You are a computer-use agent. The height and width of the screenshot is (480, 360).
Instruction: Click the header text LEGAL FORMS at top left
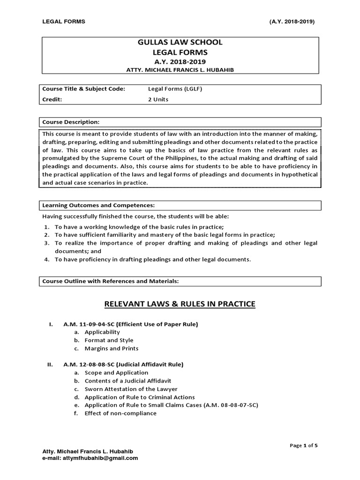pos(64,22)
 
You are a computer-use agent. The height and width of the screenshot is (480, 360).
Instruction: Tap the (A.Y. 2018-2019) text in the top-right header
pos(292,22)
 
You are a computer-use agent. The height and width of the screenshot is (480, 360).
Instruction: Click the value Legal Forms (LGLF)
pos(169,89)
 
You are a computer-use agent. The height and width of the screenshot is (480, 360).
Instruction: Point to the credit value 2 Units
pos(158,99)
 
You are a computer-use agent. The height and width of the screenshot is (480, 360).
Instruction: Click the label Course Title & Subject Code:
pos(83,89)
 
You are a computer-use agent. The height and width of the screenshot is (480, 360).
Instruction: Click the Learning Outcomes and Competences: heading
pos(98,205)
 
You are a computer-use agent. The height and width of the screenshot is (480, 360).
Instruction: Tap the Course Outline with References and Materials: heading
pos(111,281)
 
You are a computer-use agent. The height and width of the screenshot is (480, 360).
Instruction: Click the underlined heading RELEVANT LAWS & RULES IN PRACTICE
pos(180,304)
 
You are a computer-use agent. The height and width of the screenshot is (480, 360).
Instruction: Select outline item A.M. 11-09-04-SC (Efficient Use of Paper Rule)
pos(131,324)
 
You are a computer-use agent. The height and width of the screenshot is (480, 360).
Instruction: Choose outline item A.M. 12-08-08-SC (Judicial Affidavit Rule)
pos(124,364)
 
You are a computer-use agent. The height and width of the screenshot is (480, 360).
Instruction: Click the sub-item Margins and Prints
pos(112,348)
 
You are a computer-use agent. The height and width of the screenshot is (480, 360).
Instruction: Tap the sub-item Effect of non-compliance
pos(120,413)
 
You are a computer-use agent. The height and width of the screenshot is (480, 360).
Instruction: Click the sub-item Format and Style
pos(109,340)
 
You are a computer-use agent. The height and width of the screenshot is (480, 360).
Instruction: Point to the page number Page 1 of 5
pos(304,445)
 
